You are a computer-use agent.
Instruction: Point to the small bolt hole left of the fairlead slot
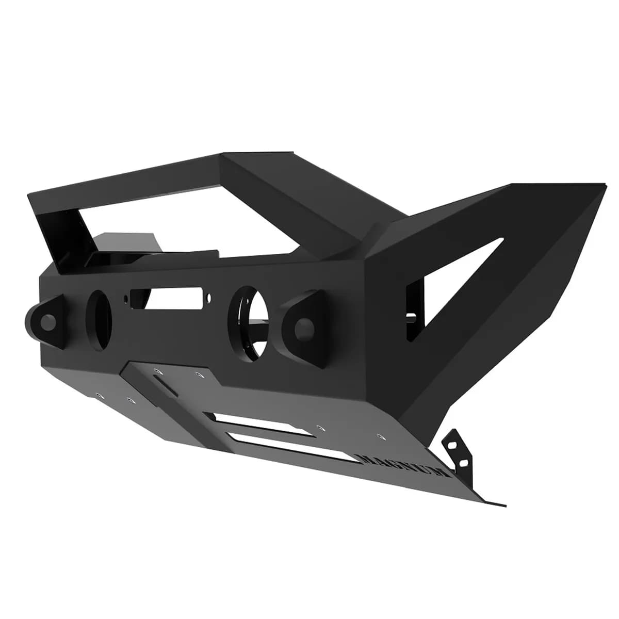coord(125,298)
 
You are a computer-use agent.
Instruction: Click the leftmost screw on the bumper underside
coord(100,396)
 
